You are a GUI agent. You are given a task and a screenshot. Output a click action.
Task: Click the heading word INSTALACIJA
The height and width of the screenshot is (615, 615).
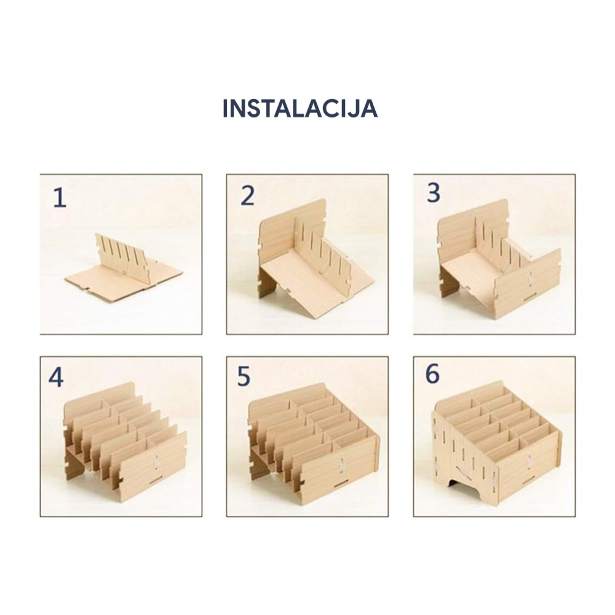[x=300, y=109]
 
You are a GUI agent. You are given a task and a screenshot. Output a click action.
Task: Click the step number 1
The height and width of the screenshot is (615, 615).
[x=60, y=197]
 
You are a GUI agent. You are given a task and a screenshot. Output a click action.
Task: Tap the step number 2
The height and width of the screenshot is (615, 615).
[x=247, y=196]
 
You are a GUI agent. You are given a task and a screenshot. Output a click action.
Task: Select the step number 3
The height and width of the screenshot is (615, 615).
[x=434, y=192]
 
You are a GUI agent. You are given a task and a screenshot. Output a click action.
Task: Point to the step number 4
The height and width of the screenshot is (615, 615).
[x=56, y=378]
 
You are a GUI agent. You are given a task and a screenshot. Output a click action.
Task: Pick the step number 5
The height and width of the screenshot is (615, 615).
[x=244, y=376]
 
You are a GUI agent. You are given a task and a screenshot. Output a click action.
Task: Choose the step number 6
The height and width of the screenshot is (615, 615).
[x=432, y=374]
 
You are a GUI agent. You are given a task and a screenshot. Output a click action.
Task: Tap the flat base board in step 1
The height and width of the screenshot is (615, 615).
[x=117, y=280]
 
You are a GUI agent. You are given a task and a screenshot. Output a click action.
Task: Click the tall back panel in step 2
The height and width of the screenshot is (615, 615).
[x=292, y=231]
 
